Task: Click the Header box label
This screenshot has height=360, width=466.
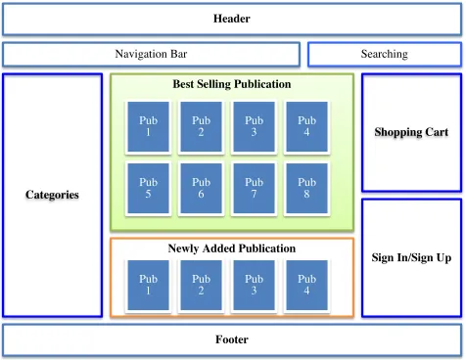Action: (x=232, y=19)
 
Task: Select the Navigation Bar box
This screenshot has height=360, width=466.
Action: (x=151, y=54)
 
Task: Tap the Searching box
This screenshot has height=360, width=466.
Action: (x=385, y=54)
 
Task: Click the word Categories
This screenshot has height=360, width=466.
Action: (x=52, y=195)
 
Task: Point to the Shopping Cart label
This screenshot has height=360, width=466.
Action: (x=411, y=132)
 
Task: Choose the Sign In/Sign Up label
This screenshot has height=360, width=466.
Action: (x=411, y=257)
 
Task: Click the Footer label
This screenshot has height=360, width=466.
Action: (x=232, y=339)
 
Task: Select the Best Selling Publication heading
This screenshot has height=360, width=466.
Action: (x=232, y=84)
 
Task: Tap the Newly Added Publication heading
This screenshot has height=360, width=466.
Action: (x=232, y=248)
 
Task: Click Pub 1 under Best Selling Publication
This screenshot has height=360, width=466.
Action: (x=148, y=127)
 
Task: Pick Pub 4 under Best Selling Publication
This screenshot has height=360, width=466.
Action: (x=306, y=127)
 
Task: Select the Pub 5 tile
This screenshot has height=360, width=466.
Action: (x=148, y=189)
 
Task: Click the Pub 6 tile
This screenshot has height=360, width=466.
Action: (x=201, y=189)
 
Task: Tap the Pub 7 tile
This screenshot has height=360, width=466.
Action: (x=254, y=189)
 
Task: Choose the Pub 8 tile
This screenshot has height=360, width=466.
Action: (x=306, y=189)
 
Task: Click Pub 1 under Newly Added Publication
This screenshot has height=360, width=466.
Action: (x=148, y=286)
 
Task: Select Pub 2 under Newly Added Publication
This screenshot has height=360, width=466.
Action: (x=201, y=286)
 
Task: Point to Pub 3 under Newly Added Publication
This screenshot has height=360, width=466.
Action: (x=254, y=286)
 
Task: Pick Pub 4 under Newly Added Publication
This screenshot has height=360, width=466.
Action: (x=306, y=286)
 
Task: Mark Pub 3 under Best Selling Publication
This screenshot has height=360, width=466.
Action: (x=254, y=127)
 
